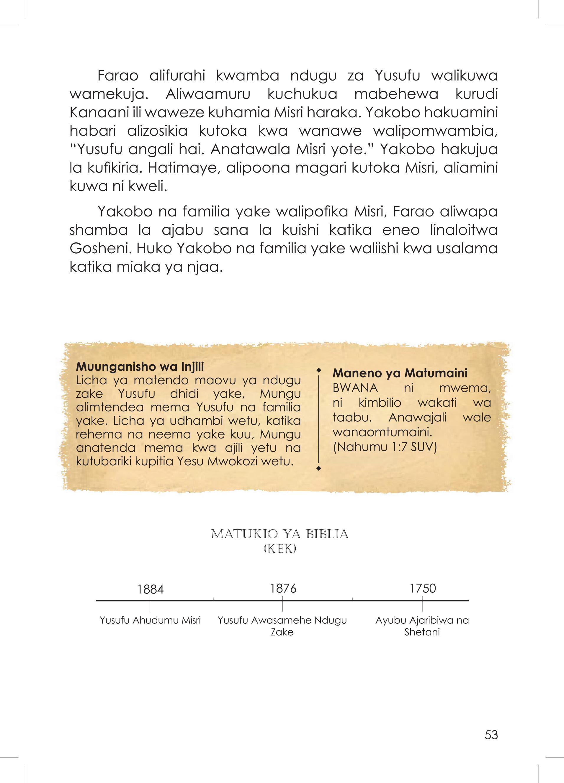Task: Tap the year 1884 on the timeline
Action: [150, 589]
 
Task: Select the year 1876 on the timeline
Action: [283, 588]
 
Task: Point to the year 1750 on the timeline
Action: [423, 588]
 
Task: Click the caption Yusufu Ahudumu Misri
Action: [150, 621]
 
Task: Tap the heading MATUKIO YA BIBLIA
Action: [279, 534]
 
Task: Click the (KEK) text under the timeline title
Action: [279, 549]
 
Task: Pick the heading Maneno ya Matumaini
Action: [400, 373]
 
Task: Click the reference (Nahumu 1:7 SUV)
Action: [385, 447]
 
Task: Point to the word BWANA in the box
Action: [355, 388]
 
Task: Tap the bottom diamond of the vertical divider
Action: [319, 469]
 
